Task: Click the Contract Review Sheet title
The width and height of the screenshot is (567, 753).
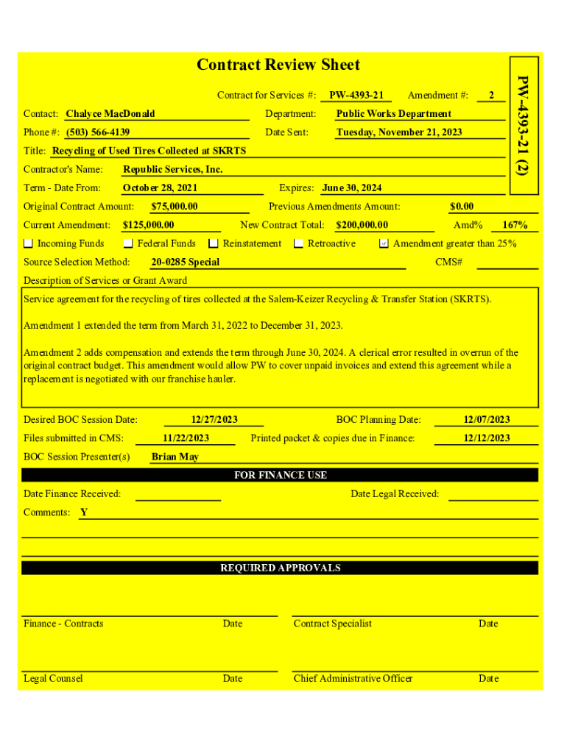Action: [278, 65]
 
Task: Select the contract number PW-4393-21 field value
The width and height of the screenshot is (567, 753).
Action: [356, 96]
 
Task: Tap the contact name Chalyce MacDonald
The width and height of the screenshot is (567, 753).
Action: [110, 114]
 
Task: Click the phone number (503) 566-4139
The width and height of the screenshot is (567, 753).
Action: [98, 132]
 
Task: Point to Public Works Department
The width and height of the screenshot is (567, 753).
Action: [393, 114]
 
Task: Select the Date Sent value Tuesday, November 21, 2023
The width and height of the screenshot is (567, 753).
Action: [399, 132]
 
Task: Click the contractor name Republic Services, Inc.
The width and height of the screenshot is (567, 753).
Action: [172, 170]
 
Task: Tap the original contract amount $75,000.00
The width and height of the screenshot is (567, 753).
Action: [174, 207]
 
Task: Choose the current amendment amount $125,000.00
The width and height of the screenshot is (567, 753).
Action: [149, 225]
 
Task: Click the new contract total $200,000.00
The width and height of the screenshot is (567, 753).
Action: [362, 225]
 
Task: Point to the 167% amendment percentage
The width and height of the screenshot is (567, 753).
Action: [514, 225]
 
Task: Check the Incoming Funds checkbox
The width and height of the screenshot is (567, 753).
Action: [29, 243]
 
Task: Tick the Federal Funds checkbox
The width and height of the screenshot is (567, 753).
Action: [128, 243]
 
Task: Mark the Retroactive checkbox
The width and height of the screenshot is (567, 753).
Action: [299, 243]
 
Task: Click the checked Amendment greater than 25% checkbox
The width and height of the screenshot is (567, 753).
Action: [384, 243]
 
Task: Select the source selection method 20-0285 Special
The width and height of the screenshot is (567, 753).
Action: [186, 263]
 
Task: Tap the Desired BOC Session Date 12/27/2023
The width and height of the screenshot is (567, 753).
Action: [214, 420]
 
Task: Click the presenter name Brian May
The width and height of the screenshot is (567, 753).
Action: [175, 457]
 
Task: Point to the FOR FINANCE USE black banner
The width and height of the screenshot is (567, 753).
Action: [280, 475]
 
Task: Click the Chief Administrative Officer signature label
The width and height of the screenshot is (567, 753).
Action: [353, 679]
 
